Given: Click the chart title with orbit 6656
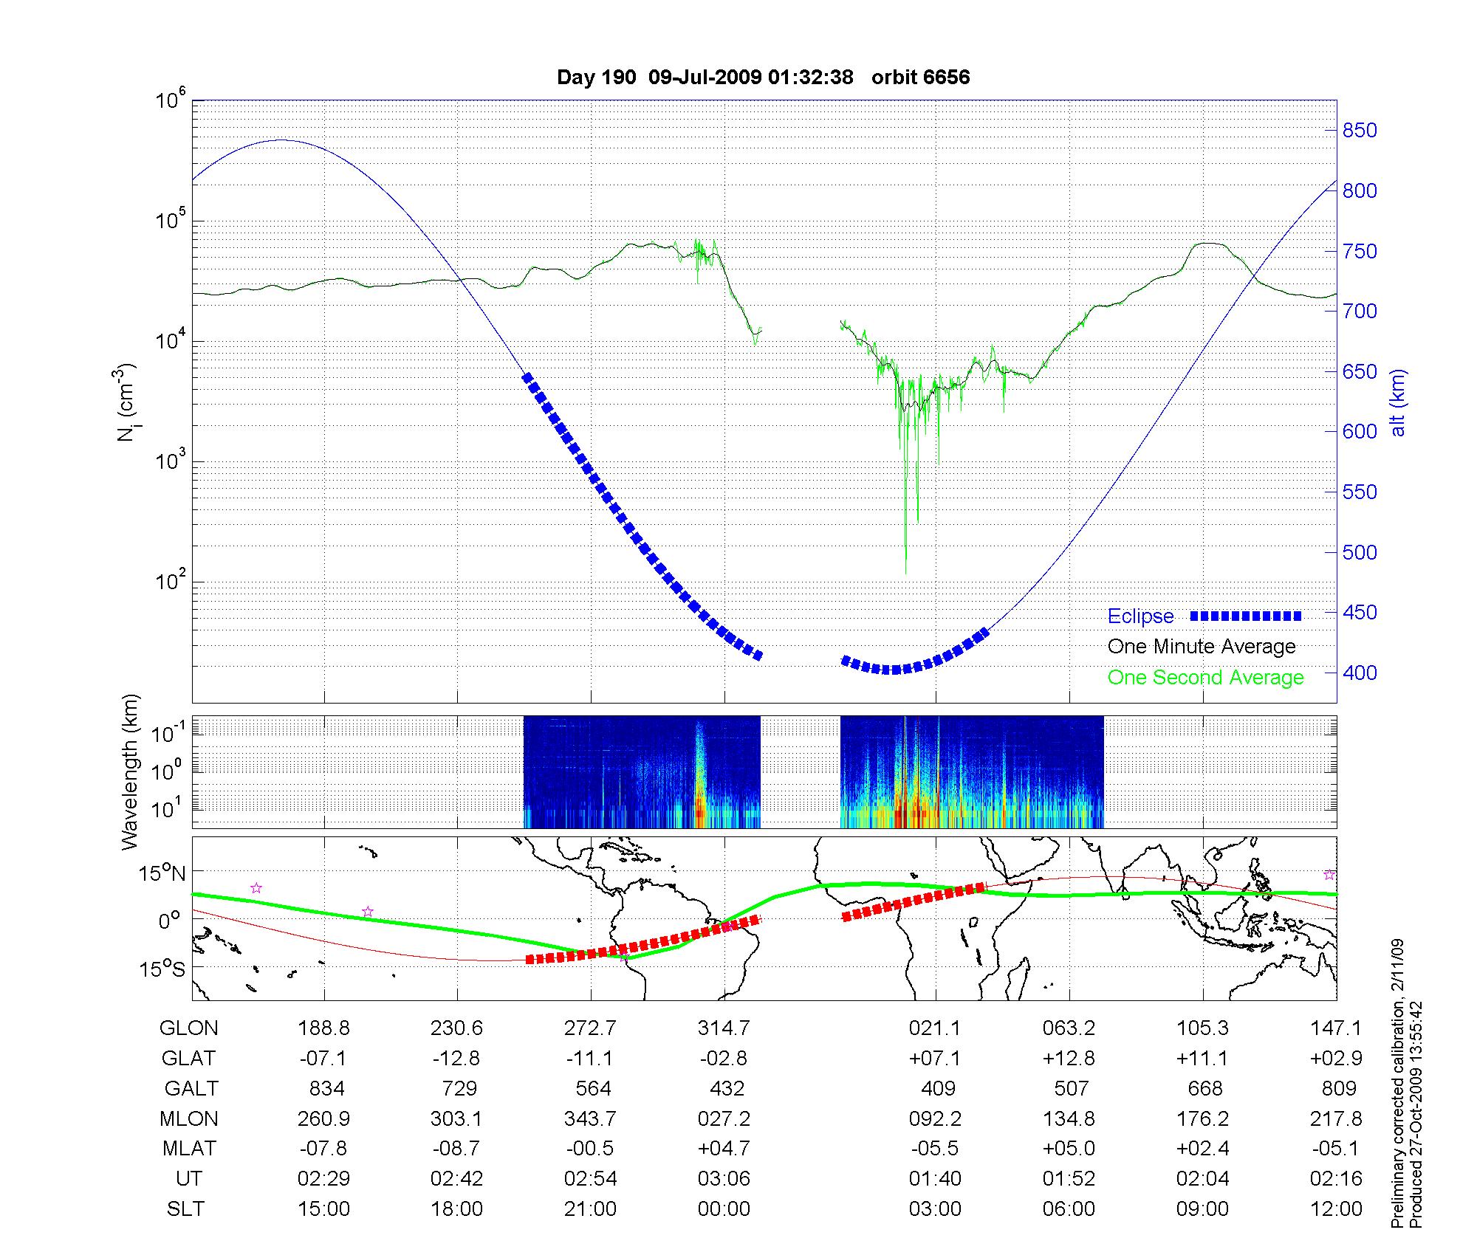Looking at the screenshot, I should click(763, 78).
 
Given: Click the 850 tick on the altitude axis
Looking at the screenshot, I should click(1360, 131).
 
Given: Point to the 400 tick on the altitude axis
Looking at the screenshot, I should click(1360, 673).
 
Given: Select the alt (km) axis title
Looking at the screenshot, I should click(1398, 402).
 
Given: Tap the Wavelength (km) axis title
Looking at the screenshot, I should click(130, 772).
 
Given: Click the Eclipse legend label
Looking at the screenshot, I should click(1140, 616).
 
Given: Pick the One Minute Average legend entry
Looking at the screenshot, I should click(1202, 647).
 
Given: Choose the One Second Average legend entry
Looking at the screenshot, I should click(1205, 678).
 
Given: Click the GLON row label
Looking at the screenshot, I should click(189, 1028).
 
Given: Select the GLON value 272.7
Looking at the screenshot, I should click(590, 1028).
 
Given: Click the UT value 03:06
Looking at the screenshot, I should click(724, 1179).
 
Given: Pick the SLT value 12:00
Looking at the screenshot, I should click(1336, 1209).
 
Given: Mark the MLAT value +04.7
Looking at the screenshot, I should click(724, 1149).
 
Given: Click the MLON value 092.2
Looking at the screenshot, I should click(935, 1119).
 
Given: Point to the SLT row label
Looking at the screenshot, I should click(185, 1209).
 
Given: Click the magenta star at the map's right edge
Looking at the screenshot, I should click(1329, 875).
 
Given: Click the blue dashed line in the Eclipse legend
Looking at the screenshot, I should click(1245, 616).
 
